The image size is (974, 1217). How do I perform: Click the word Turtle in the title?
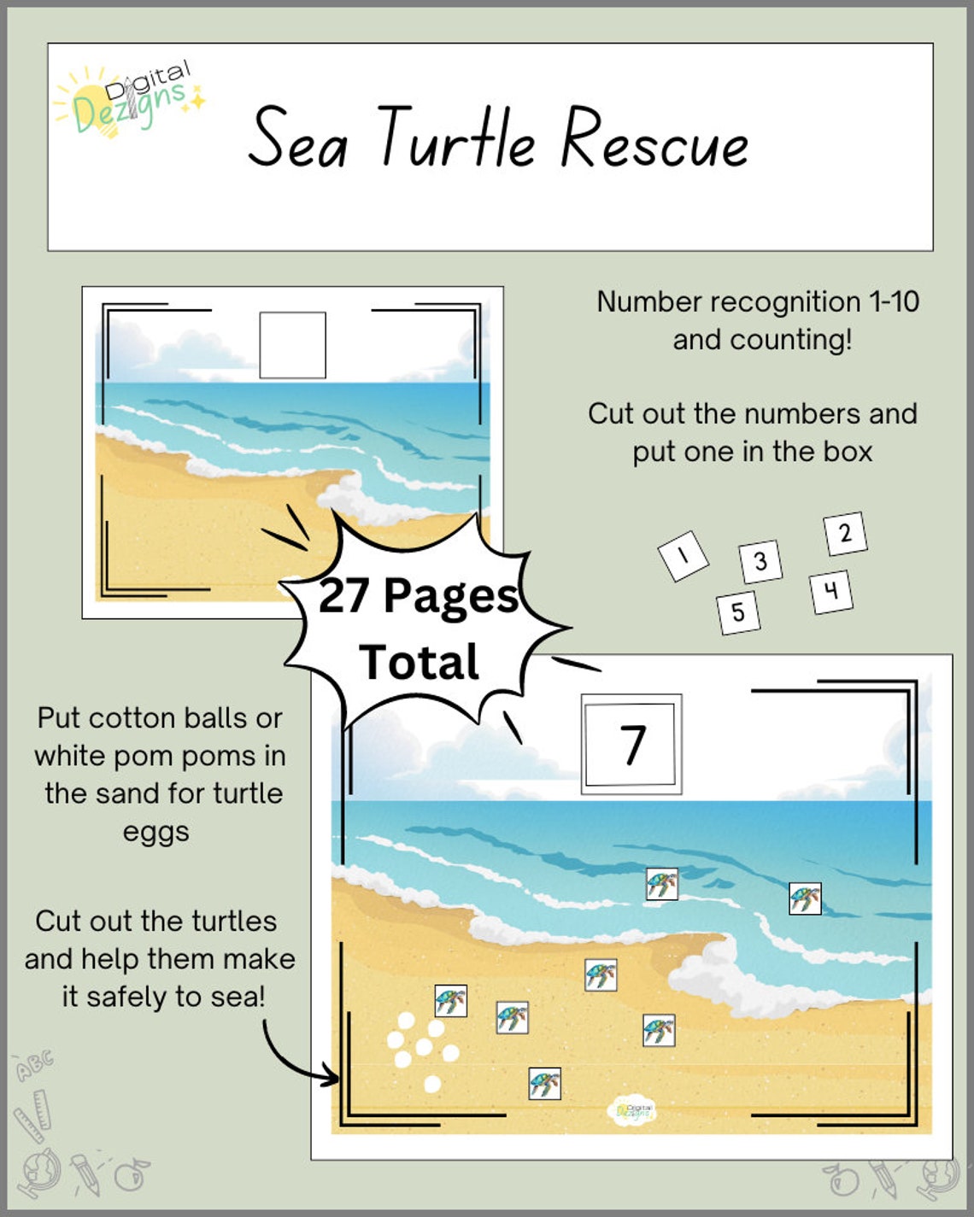[x=457, y=138]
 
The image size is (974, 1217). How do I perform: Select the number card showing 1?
[x=683, y=556]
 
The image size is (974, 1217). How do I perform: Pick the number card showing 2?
[x=845, y=534]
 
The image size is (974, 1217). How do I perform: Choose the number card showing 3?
[x=760, y=562]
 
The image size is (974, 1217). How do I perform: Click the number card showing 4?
[x=830, y=591]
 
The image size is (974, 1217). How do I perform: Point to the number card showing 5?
[x=738, y=612]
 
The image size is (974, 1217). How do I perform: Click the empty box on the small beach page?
[x=292, y=345]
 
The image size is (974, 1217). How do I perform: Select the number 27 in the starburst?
[x=344, y=595]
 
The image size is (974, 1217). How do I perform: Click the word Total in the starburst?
[x=419, y=663]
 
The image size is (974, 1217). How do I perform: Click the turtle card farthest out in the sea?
[x=804, y=898]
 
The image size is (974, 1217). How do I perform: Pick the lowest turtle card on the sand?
[x=544, y=1084]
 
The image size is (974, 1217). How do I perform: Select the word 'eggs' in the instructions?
[x=155, y=832]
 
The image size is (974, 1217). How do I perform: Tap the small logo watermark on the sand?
[x=631, y=1111]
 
